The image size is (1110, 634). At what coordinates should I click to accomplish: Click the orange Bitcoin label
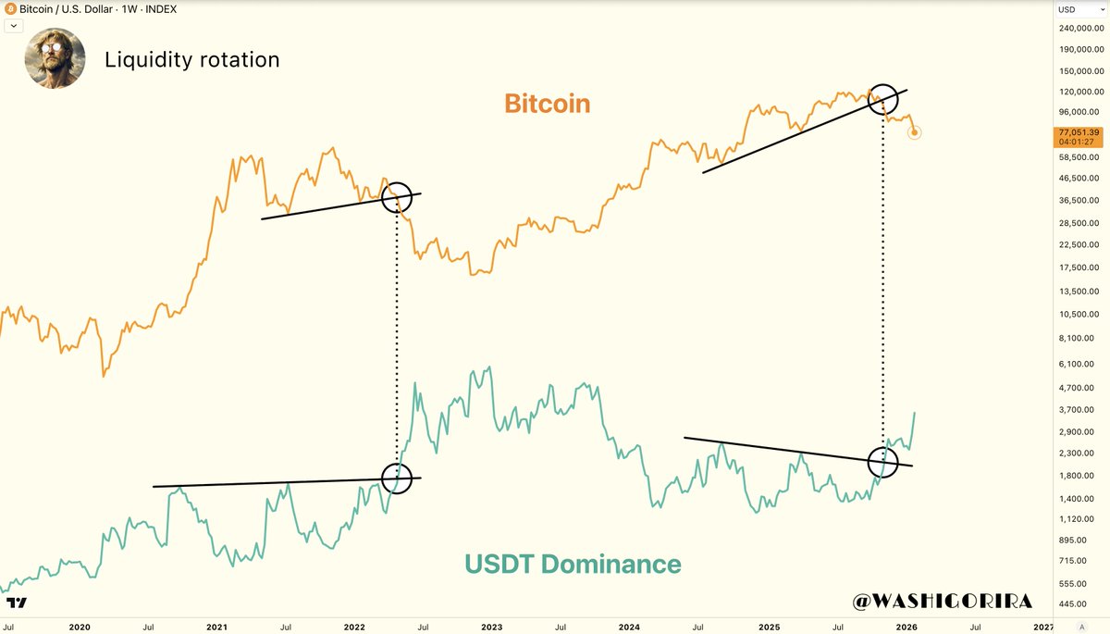coord(547,104)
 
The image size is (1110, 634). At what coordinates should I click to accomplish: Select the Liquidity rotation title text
coord(191,60)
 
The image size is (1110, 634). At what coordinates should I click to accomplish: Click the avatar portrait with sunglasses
coord(55,58)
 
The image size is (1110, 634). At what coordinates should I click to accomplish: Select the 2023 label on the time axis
coord(491,627)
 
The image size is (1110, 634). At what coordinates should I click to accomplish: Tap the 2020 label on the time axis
coord(80,627)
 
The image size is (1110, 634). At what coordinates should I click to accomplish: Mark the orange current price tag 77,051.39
coord(1079,137)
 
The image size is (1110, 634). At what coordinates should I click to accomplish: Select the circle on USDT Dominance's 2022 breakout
coord(396,478)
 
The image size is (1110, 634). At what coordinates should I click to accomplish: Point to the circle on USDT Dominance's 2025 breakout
coord(883,461)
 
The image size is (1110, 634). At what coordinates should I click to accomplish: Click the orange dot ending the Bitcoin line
coord(915,132)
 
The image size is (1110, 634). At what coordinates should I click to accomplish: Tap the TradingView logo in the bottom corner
coord(16,603)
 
